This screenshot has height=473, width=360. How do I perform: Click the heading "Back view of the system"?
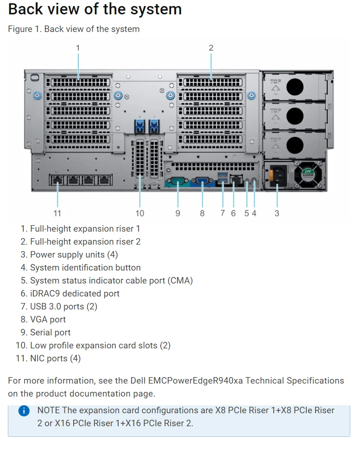[x=95, y=9]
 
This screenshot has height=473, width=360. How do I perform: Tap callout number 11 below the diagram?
[x=57, y=213]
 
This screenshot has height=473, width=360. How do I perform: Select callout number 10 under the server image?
[x=140, y=213]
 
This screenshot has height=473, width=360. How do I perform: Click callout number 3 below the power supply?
[x=277, y=213]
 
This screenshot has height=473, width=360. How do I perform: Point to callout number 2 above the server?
[x=211, y=48]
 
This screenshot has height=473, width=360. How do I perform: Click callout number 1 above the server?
[x=78, y=48]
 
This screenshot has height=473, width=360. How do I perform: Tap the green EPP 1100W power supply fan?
[x=308, y=175]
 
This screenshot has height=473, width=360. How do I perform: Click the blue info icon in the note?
[x=24, y=411]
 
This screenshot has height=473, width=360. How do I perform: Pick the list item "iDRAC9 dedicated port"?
[x=75, y=294]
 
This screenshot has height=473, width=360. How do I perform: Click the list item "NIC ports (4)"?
[x=55, y=359]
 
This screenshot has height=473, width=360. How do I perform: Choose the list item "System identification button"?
[x=85, y=268]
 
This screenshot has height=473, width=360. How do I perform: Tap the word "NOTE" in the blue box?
[x=49, y=410]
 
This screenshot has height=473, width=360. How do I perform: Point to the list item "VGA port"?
[x=48, y=320]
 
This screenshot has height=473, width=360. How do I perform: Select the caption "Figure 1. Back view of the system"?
[x=74, y=29]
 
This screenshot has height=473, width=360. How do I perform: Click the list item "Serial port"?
[x=50, y=333]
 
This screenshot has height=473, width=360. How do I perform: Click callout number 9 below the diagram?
[x=178, y=213]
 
